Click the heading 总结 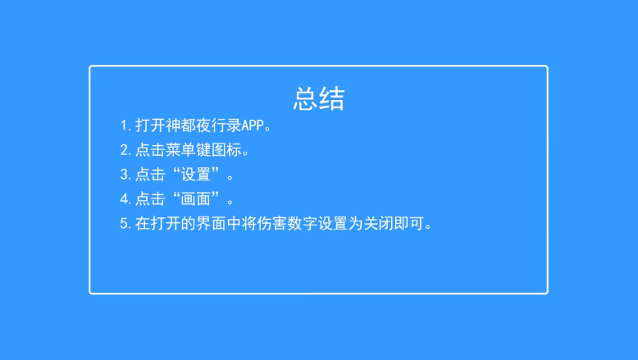tap(318, 98)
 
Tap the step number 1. tap(125, 126)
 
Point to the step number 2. tap(125, 150)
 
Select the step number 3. tap(125, 175)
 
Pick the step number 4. tap(125, 199)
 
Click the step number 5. tap(125, 223)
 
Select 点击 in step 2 tap(150, 150)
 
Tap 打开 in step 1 tap(150, 126)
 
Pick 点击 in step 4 tap(150, 199)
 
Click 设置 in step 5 tap(345, 223)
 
